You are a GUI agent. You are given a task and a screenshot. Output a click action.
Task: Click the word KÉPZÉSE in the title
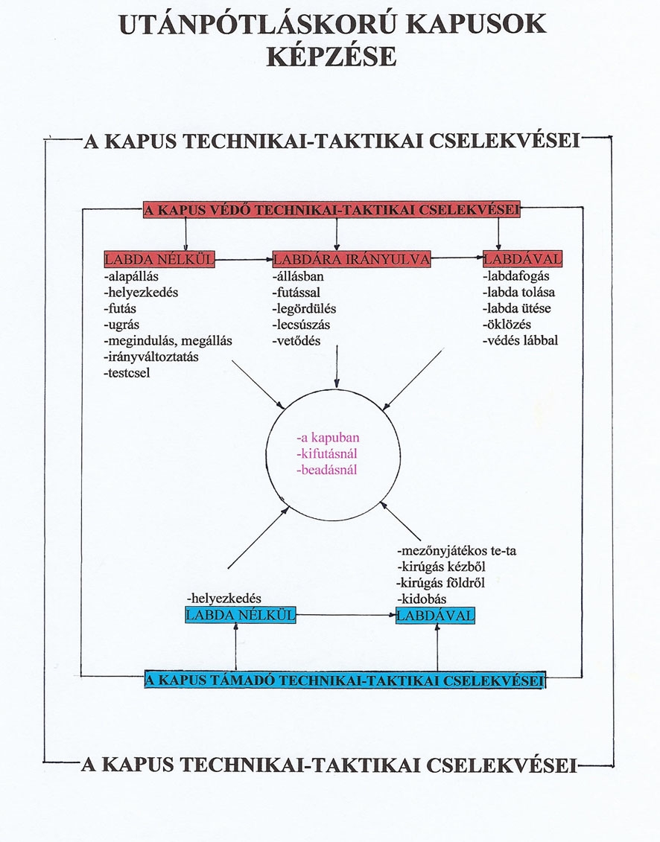(331, 57)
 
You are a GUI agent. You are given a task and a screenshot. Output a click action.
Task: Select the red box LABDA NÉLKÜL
(159, 259)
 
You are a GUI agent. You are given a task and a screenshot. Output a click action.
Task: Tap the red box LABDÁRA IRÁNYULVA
(352, 259)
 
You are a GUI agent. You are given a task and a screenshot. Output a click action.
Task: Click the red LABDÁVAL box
(522, 259)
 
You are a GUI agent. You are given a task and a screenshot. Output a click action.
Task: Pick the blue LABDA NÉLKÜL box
(241, 615)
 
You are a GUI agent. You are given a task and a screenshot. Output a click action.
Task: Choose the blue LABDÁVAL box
(435, 616)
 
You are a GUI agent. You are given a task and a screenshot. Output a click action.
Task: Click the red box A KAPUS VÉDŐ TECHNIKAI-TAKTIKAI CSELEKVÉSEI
(331, 209)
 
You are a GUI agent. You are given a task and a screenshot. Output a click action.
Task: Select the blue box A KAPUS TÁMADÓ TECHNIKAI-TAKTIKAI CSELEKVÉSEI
(345, 680)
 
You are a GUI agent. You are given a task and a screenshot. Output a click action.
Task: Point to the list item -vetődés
(296, 340)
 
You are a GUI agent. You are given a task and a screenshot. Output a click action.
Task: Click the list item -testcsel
(127, 373)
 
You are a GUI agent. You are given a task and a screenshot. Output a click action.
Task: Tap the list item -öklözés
(507, 325)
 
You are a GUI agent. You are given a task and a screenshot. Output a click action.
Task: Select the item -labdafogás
(516, 276)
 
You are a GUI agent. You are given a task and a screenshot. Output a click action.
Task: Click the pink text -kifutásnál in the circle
(327, 453)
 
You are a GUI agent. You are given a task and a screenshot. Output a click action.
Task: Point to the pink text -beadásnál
(327, 470)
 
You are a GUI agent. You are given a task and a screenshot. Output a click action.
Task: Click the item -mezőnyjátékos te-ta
(457, 551)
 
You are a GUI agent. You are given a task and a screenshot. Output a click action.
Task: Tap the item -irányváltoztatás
(151, 357)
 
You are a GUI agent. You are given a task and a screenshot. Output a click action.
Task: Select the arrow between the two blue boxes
(346, 615)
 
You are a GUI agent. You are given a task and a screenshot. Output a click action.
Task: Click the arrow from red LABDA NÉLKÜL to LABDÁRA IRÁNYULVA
(244, 259)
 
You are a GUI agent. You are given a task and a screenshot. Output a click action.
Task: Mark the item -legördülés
(304, 309)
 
